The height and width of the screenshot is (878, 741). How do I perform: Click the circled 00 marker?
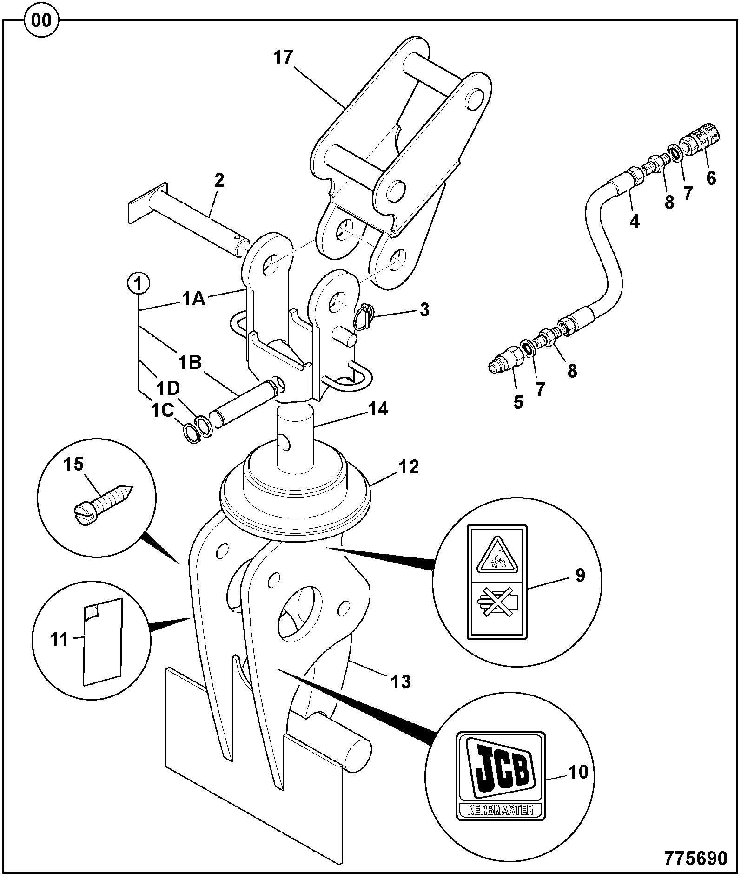42,21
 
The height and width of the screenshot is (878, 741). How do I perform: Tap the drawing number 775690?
695,858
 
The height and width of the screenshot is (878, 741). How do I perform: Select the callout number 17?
284,57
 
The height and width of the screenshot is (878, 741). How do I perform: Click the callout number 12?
409,466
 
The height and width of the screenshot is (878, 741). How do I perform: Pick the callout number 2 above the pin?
219,180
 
